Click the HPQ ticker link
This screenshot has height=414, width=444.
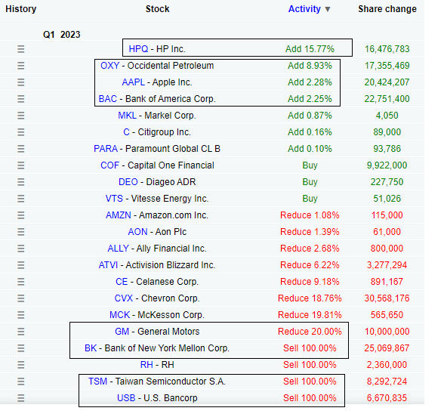(x=138, y=49)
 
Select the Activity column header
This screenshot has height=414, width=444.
(x=304, y=9)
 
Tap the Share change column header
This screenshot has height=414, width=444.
(x=387, y=9)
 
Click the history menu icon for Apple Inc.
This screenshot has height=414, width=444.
(x=20, y=82)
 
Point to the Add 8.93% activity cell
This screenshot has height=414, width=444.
(x=310, y=66)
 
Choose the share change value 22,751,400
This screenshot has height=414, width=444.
(x=387, y=99)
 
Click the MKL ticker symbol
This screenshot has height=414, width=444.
(x=127, y=116)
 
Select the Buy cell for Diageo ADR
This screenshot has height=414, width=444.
(x=310, y=182)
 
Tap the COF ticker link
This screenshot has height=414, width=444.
(x=110, y=165)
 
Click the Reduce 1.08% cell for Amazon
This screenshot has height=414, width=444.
(x=310, y=215)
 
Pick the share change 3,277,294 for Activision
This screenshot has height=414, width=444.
(x=387, y=265)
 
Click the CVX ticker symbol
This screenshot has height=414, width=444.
(x=124, y=298)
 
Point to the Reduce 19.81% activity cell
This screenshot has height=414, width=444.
(x=310, y=315)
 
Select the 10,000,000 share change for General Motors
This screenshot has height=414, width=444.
(x=387, y=332)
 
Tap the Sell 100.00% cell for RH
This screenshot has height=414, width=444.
(x=310, y=365)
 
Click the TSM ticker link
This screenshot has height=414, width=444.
(x=97, y=382)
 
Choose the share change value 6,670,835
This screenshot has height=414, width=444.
(x=387, y=398)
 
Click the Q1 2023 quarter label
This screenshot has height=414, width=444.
(x=62, y=35)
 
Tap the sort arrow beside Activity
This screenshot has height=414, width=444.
(x=328, y=9)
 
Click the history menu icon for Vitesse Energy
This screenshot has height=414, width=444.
(x=20, y=199)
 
